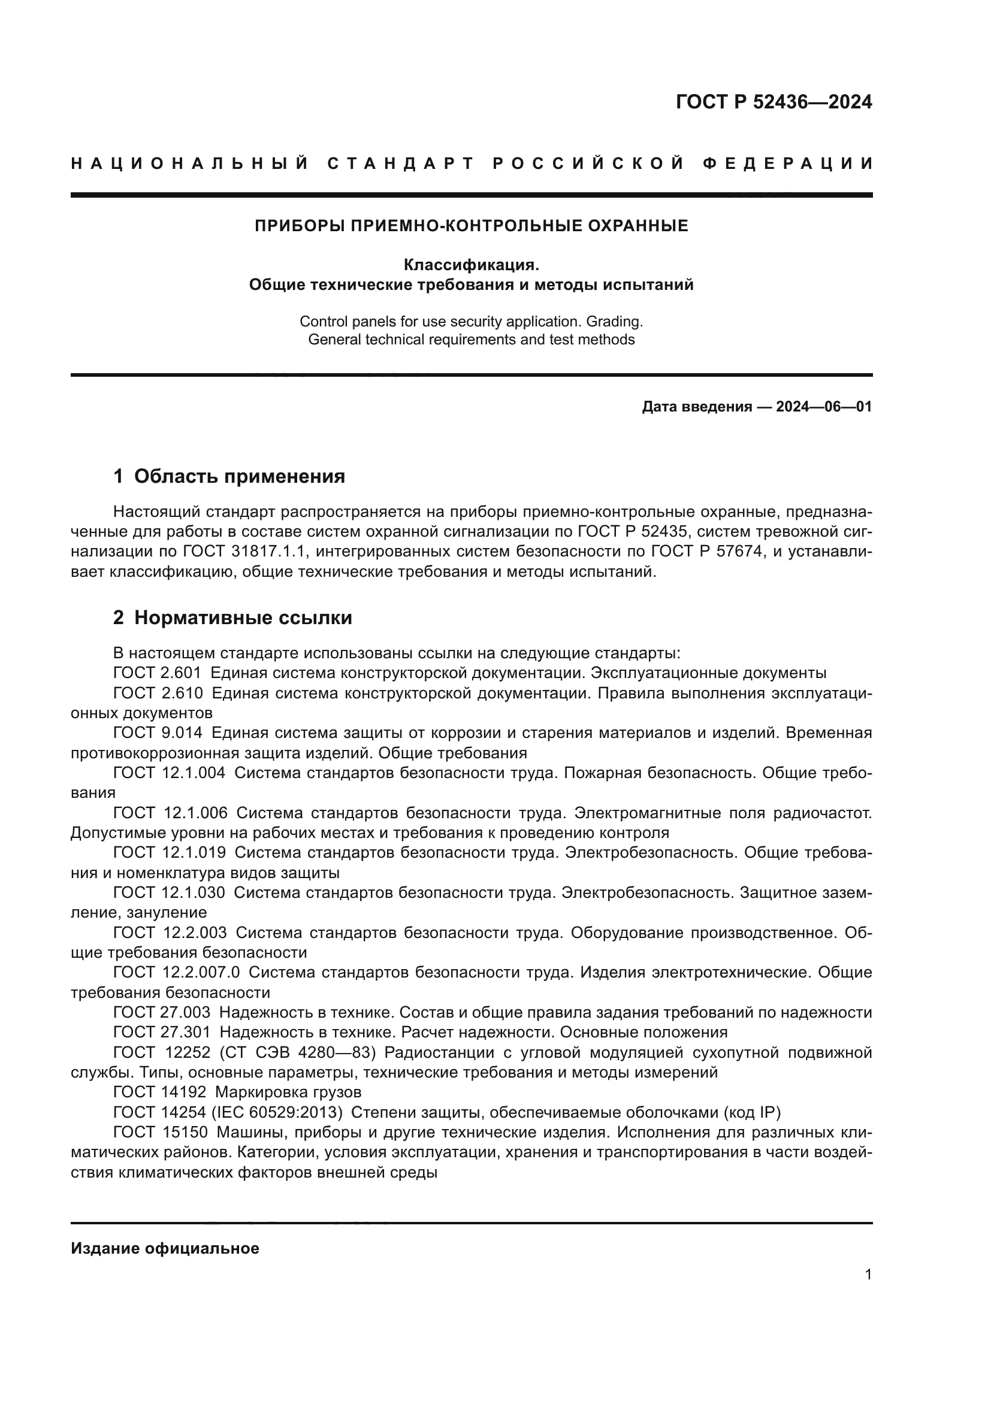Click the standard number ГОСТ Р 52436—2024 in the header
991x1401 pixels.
774,102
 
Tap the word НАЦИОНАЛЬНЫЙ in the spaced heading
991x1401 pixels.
189,164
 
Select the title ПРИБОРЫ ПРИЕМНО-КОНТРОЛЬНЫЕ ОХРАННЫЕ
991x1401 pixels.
471,226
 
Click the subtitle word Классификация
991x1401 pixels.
471,265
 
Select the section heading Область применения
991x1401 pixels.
239,477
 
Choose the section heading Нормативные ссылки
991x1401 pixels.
243,618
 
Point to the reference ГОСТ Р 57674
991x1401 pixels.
707,552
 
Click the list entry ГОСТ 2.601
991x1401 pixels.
158,674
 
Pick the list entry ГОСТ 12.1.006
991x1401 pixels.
170,813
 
